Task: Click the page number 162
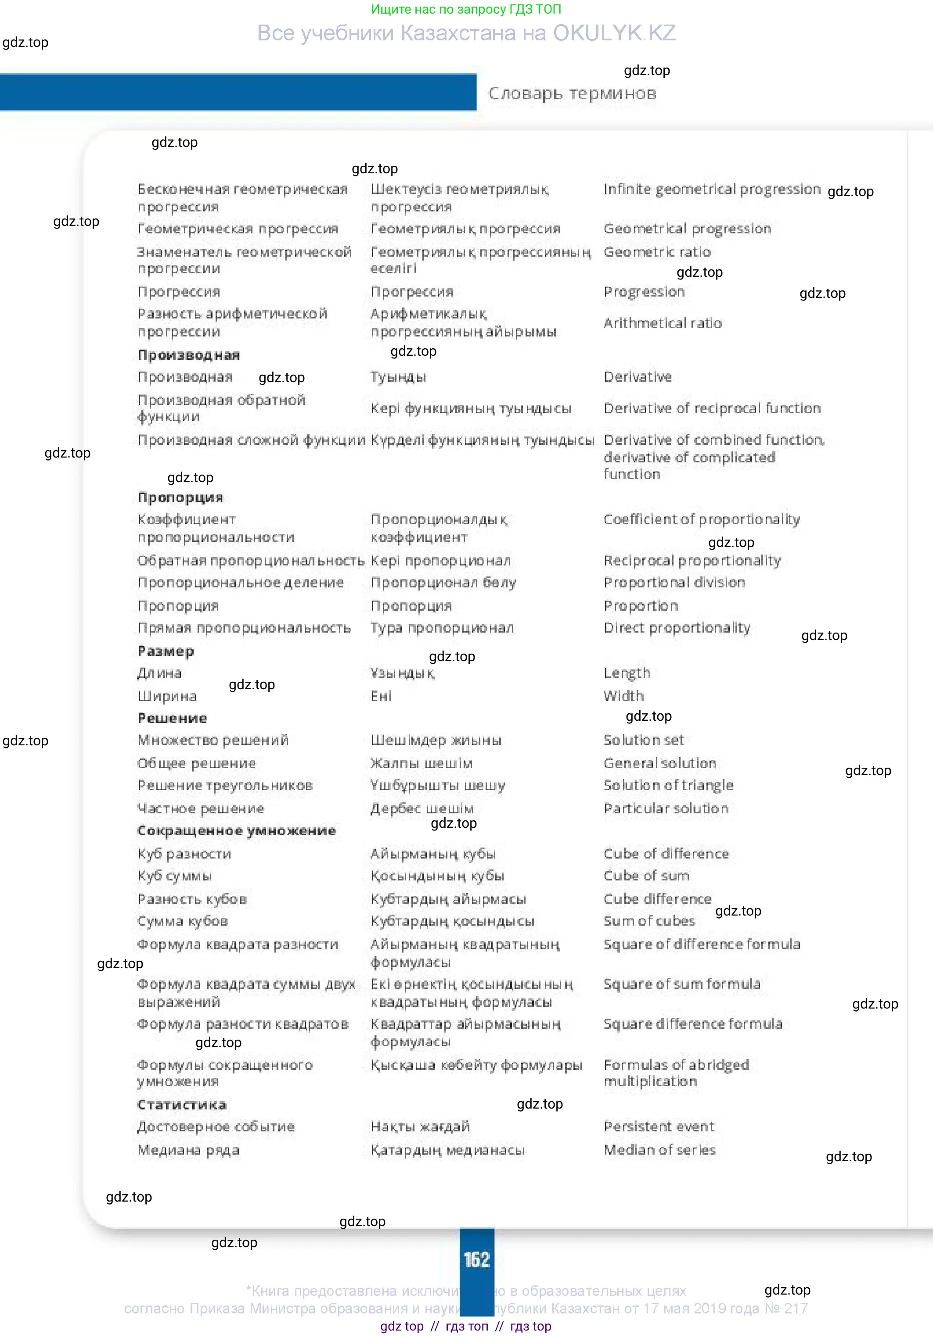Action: point(476,1259)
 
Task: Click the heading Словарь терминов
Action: point(572,93)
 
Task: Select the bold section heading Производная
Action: point(188,355)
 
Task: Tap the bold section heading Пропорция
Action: point(180,497)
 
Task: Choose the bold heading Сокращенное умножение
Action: point(236,830)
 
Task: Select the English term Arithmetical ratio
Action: point(663,323)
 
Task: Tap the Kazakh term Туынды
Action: point(398,377)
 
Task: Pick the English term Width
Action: point(623,696)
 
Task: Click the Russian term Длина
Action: point(159,673)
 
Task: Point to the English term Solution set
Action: point(643,740)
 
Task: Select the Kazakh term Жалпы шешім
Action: point(421,763)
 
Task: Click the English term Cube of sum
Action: point(646,876)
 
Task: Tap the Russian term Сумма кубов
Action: point(183,921)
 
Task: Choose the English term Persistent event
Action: point(658,1127)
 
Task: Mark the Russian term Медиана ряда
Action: point(188,1150)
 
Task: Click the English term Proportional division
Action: point(674,583)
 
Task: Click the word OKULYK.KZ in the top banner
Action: point(614,33)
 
